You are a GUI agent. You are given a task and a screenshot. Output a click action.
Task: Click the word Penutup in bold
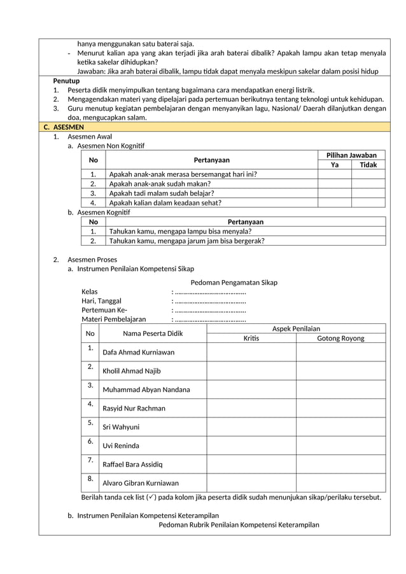click(66, 81)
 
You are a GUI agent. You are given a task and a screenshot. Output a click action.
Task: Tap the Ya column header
click(334, 165)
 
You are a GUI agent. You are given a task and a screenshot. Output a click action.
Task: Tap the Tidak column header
click(368, 165)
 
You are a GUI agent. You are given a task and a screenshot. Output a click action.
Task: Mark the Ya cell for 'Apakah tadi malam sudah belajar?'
click(334, 193)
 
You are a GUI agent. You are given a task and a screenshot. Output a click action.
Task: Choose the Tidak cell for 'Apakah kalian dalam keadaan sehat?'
click(368, 203)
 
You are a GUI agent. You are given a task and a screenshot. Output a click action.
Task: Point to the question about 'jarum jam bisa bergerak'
click(187, 241)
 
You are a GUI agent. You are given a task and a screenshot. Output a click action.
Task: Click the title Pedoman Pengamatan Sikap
click(234, 283)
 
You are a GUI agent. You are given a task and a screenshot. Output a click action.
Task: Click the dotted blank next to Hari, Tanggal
click(209, 301)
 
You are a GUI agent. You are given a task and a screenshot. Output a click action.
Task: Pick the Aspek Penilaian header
click(296, 328)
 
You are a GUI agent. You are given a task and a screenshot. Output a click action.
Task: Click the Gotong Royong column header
click(340, 338)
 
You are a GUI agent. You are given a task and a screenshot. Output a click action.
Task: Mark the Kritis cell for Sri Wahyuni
click(251, 426)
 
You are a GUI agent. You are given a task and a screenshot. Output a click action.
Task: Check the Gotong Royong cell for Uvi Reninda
click(340, 445)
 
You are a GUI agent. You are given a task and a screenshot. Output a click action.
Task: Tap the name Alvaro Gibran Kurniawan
click(141, 483)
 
